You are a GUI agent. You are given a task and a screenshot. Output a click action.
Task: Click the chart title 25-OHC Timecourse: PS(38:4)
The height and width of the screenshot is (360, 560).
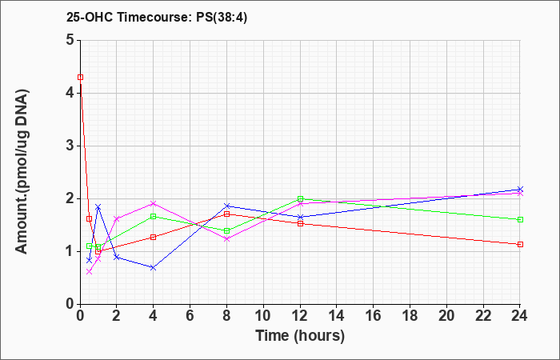pos(157,17)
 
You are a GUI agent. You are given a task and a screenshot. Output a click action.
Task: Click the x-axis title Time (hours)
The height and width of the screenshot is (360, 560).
pos(300,336)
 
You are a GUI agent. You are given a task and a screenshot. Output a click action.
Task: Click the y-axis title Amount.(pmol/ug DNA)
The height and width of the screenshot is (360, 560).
pos(22,172)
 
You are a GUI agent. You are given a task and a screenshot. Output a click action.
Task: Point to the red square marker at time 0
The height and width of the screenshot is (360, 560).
pos(80,77)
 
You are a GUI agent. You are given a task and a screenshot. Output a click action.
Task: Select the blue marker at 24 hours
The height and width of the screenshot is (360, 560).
pos(520,189)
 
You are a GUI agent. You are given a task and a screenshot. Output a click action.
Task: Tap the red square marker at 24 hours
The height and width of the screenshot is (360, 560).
pos(520,244)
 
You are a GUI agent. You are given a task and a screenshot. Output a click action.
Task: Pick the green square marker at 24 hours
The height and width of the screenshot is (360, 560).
pos(520,220)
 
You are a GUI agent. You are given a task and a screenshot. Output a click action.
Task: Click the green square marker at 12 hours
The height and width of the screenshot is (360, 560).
pos(300,198)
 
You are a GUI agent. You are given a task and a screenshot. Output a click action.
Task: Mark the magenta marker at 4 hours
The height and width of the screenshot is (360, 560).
pos(154,203)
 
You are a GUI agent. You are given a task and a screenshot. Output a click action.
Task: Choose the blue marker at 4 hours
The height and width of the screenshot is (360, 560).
pos(154,267)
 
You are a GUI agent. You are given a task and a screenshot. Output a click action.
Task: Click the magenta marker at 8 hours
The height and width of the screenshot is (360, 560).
pos(226,239)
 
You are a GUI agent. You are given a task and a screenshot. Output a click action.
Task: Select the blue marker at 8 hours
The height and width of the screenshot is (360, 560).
pos(226,206)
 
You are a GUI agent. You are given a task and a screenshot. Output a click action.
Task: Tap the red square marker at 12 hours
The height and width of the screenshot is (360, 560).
pos(300,223)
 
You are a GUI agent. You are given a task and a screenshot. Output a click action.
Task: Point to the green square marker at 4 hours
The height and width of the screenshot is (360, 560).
pos(154,217)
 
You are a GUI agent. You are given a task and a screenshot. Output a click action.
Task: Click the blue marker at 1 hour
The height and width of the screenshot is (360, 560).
pos(98,206)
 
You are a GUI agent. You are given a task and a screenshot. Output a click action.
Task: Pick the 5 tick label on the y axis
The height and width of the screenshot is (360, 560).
pos(70,40)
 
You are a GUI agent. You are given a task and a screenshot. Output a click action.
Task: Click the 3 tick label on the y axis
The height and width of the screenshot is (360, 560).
pos(70,146)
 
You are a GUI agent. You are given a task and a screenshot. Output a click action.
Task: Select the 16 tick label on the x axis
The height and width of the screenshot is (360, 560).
pos(374,316)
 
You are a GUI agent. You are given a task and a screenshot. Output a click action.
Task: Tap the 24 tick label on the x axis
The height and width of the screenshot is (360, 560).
pos(520,316)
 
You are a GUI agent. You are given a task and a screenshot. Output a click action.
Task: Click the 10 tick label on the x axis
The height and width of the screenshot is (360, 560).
pos(263,316)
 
